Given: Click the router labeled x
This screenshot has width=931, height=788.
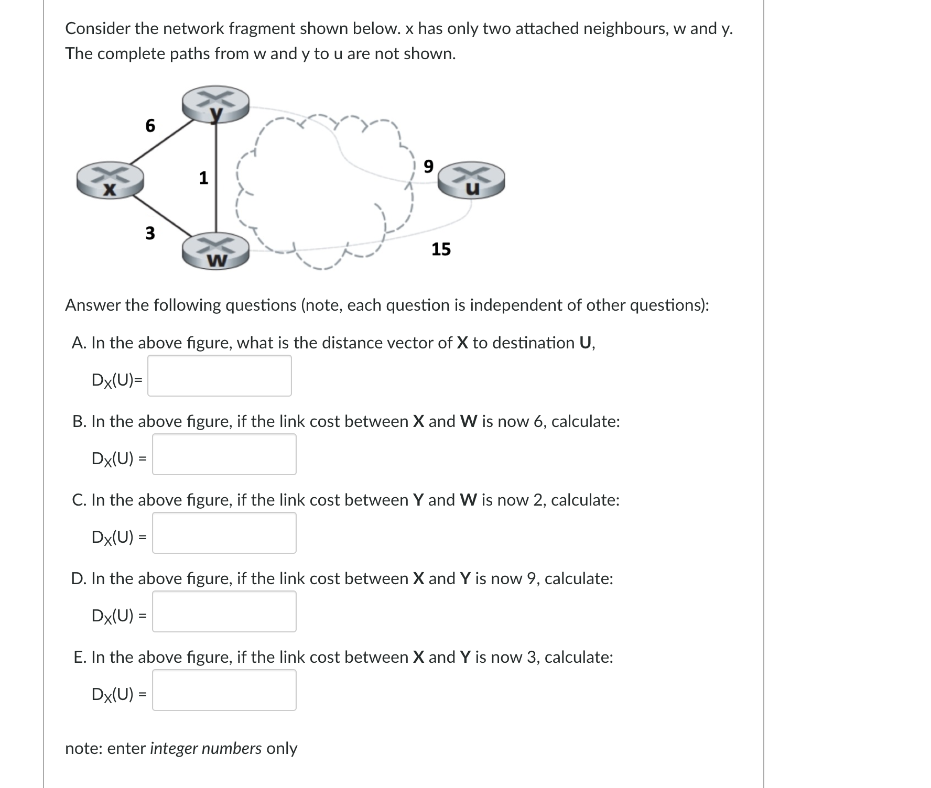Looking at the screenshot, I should tap(110, 181).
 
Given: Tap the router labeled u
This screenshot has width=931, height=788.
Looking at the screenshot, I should tap(471, 180).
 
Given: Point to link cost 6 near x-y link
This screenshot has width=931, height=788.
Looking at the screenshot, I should tap(150, 126).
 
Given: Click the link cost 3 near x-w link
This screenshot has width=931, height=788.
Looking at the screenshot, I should tap(150, 233).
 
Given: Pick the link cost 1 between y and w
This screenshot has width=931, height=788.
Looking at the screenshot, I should tap(203, 178).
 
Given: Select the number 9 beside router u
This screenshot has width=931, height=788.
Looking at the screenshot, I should tap(428, 167).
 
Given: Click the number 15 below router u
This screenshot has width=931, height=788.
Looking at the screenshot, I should tap(441, 249).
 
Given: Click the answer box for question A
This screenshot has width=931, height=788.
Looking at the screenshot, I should tap(219, 376).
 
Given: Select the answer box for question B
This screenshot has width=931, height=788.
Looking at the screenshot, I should tap(224, 454).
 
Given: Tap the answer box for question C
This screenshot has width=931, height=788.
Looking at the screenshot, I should tap(224, 533).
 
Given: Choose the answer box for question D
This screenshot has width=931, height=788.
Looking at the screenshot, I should tap(224, 611).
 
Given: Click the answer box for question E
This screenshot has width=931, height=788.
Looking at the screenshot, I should tap(224, 690).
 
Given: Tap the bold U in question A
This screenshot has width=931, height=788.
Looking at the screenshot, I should tap(586, 343).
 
